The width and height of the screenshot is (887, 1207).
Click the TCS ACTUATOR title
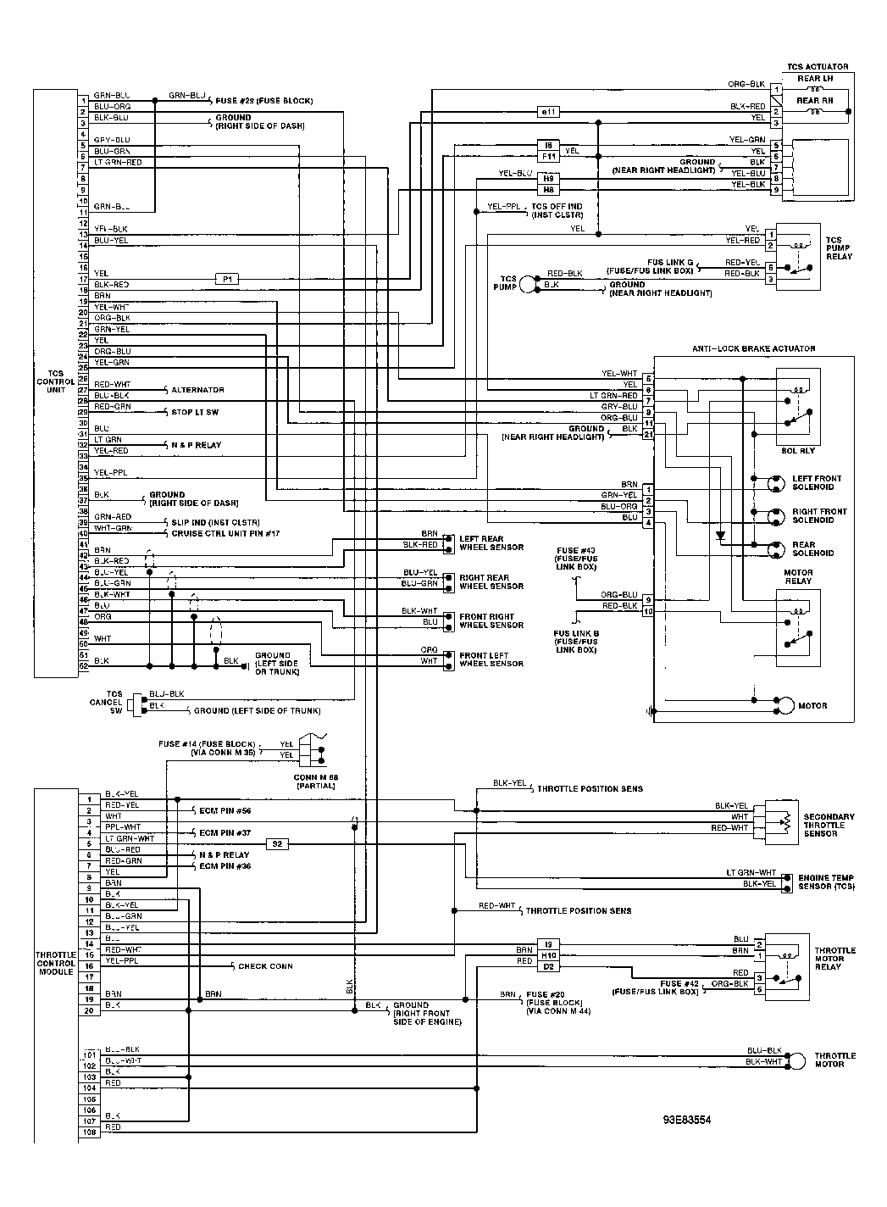pos(817,67)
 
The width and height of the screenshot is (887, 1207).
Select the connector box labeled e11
pos(548,112)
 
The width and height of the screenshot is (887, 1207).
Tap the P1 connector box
pos(227,279)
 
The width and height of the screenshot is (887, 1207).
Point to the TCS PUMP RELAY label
pos(839,248)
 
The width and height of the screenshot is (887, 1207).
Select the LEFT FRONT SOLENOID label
pos(817,483)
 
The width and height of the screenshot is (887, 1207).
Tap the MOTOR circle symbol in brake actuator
pos(785,705)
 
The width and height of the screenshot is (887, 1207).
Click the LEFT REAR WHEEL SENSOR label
pos(491,543)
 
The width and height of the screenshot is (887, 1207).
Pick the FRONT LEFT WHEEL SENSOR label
pos(491,659)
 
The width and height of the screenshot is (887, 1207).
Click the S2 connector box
pos(277,843)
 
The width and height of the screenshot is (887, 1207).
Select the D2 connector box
pos(548,966)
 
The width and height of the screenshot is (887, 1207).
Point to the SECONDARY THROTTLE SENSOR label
pos(829,825)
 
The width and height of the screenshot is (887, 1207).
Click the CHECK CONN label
pos(265,966)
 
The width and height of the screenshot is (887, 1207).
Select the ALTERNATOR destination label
pos(197,390)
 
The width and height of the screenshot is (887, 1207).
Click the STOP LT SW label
pos(196,412)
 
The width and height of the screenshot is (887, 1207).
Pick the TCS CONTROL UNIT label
pos(56,381)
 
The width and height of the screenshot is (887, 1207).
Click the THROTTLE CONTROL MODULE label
pos(56,963)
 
